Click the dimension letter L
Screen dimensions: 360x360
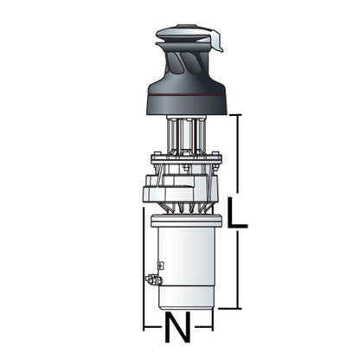[x=237, y=212]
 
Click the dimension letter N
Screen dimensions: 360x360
[x=178, y=327]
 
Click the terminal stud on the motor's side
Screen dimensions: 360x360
[x=152, y=280]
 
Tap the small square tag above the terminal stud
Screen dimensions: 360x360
[x=161, y=265]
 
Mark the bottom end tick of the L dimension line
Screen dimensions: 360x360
[x=230, y=308]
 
